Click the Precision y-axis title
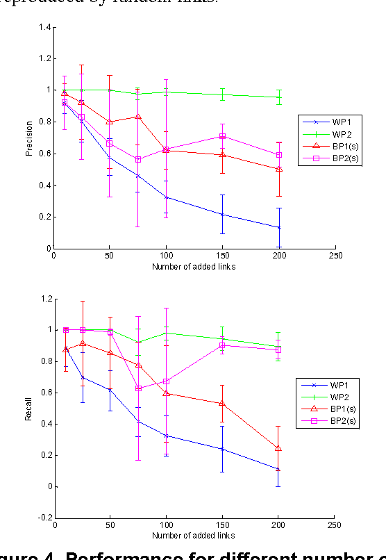click(29, 138)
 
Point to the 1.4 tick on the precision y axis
click(45, 27)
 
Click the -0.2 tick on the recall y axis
click(44, 518)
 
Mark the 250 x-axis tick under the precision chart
click(335, 255)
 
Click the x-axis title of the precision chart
click(193, 265)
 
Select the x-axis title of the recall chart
click(193, 536)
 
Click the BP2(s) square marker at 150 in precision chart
click(222, 136)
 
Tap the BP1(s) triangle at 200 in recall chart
click(278, 449)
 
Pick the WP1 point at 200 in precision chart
click(278, 227)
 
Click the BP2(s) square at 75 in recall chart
click(137, 388)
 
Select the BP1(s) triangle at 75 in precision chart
click(137, 117)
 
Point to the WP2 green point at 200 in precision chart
click(278, 97)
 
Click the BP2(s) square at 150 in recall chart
click(222, 345)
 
